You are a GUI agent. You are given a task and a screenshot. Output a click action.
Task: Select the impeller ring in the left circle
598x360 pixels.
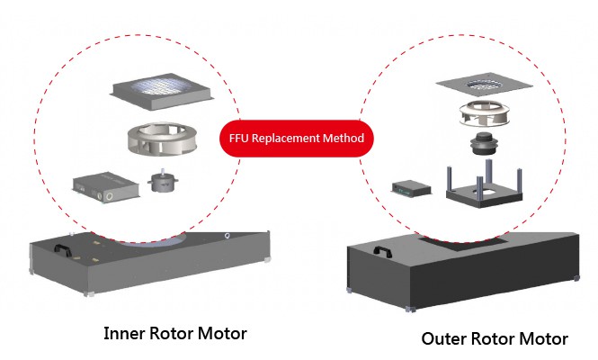pyautogui.click(x=161, y=139)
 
